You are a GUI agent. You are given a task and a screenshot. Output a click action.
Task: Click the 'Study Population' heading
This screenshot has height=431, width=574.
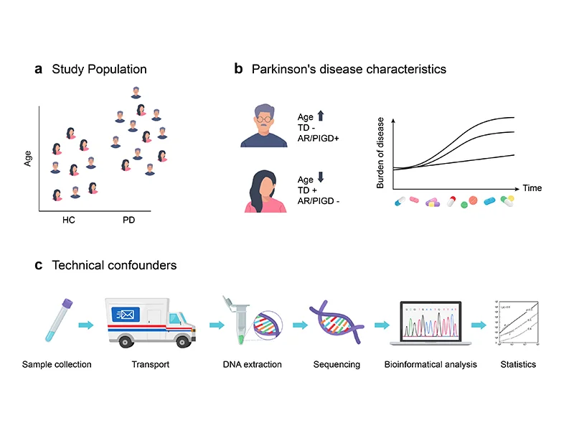[x=99, y=70]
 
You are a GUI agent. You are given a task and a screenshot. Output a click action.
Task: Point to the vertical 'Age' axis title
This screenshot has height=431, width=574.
[x=28, y=157]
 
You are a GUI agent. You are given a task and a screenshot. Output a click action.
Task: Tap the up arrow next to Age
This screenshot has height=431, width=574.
[x=321, y=115]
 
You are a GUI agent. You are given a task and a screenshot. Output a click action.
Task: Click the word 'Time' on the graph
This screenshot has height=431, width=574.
[x=532, y=188]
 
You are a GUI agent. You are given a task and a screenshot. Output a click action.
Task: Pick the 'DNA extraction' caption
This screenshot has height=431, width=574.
[x=251, y=365]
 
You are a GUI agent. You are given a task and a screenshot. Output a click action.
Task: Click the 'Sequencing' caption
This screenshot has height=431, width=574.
[x=337, y=365]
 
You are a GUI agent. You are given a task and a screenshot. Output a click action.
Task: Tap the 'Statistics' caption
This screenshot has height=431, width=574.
[x=517, y=365]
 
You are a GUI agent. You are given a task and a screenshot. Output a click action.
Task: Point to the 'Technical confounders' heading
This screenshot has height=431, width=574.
[x=114, y=265]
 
